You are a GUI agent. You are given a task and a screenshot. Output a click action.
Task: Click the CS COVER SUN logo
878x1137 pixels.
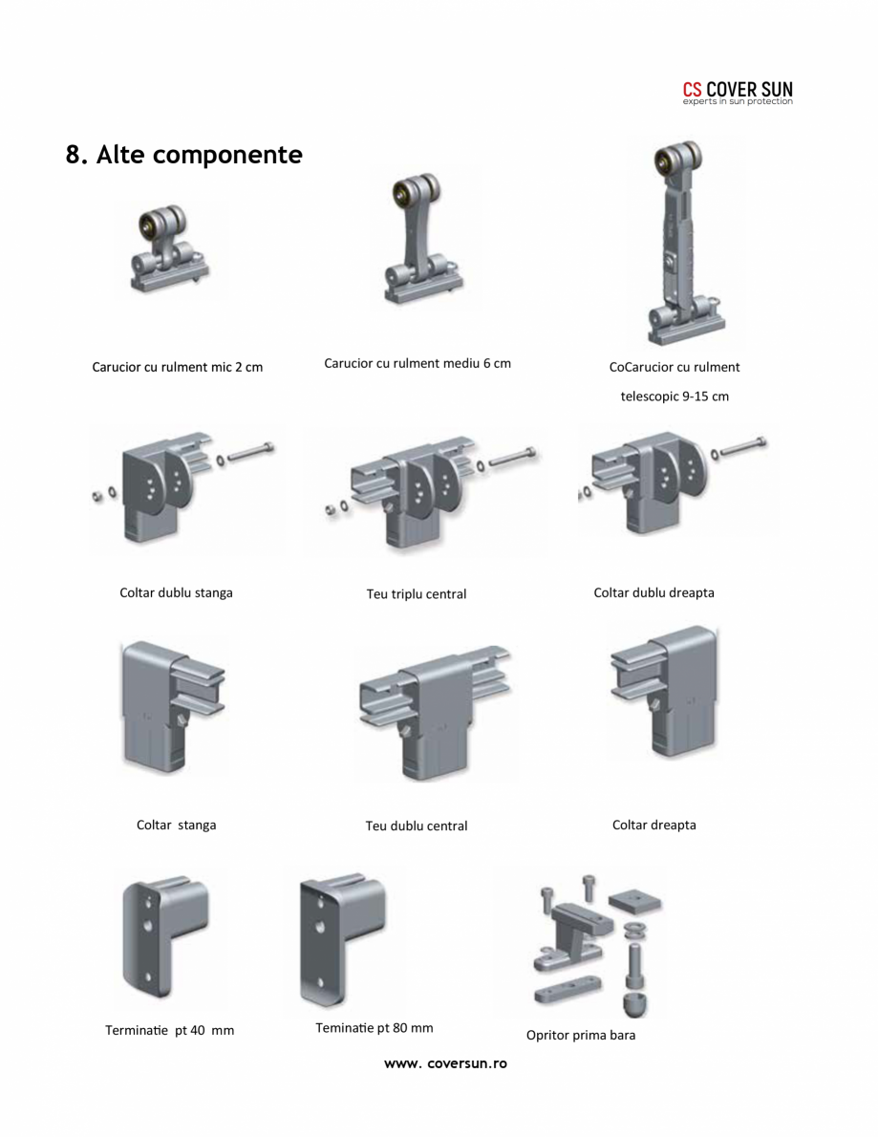coord(738,93)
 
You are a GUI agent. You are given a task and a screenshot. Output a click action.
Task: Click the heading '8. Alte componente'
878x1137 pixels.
coord(184,155)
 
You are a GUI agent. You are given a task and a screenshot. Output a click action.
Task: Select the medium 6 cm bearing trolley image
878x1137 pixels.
coord(422,238)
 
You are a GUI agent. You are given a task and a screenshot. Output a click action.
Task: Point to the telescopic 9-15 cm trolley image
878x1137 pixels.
coord(685,242)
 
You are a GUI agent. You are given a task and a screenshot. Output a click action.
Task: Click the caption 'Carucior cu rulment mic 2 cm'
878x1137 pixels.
coord(178,367)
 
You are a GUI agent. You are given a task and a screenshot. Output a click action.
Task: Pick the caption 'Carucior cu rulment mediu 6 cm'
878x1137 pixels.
coord(418,363)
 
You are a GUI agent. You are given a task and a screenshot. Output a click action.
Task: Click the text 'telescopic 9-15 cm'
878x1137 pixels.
coord(675,397)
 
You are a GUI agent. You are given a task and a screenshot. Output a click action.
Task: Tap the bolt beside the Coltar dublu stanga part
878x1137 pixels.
coord(251,452)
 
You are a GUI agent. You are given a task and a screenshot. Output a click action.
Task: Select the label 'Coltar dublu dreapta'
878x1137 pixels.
coord(654,593)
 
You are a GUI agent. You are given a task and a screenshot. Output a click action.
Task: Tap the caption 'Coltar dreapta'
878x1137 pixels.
coord(654,826)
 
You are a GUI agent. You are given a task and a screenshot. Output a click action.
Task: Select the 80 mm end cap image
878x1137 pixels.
coord(342,939)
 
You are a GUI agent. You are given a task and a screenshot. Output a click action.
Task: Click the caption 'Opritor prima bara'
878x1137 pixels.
coord(581,1036)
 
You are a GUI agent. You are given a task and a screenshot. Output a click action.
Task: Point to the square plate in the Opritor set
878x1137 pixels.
coord(635,901)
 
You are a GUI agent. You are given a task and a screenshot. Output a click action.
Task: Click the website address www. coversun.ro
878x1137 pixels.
coord(445,1063)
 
